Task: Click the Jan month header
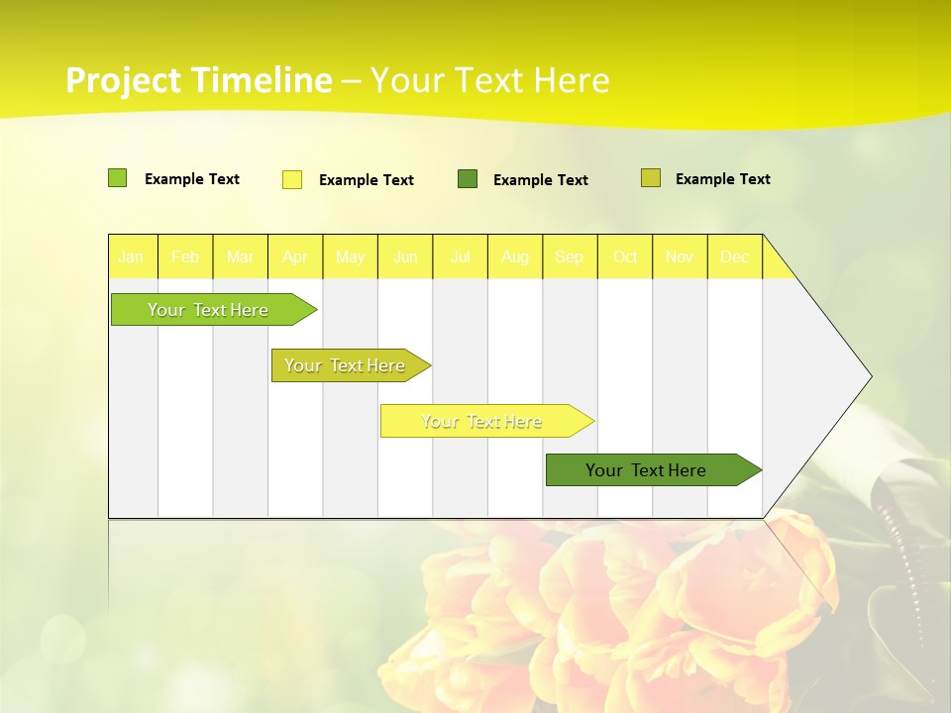point(132,256)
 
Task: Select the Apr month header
point(295,256)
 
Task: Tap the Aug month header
point(515,256)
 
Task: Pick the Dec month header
point(735,256)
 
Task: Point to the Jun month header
point(405,256)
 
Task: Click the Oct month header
point(625,256)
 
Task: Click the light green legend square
point(117,178)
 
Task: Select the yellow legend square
point(292,179)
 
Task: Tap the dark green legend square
point(468,179)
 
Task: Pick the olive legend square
point(651,178)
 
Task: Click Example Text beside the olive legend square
point(722,179)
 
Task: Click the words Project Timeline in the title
point(198,80)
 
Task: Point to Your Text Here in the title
point(489,80)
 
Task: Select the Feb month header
point(185,256)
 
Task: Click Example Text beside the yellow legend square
point(366,180)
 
